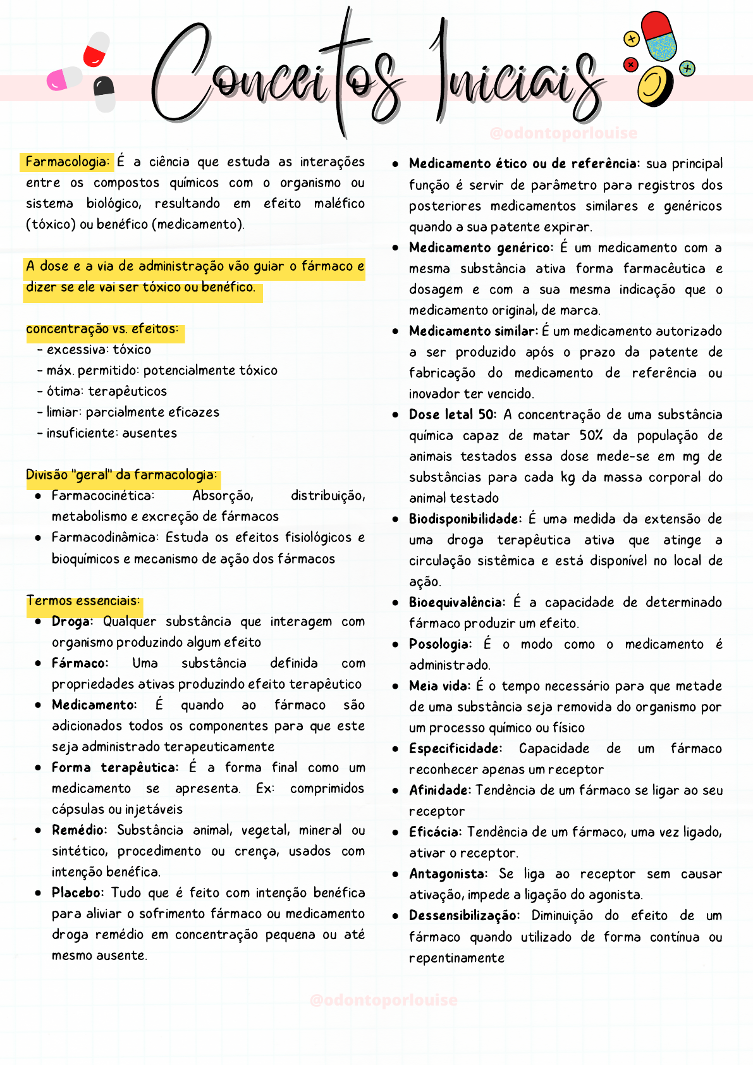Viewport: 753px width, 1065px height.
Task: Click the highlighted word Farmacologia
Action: [67, 162]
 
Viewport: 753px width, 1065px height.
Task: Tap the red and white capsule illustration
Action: [96, 49]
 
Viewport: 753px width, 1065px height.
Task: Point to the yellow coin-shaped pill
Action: [654, 87]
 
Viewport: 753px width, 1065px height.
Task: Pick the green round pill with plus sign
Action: [687, 68]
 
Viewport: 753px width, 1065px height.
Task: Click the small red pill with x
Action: [630, 64]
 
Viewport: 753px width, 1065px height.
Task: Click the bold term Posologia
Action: [440, 644]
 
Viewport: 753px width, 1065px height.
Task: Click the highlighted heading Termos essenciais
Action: [83, 601]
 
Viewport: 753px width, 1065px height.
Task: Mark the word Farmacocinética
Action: [102, 495]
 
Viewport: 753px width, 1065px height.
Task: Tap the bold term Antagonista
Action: [448, 873]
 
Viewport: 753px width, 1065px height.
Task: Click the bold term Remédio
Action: [79, 830]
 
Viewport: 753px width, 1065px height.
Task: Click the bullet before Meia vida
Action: [395, 686]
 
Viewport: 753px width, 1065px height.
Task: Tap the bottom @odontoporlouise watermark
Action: [383, 1000]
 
